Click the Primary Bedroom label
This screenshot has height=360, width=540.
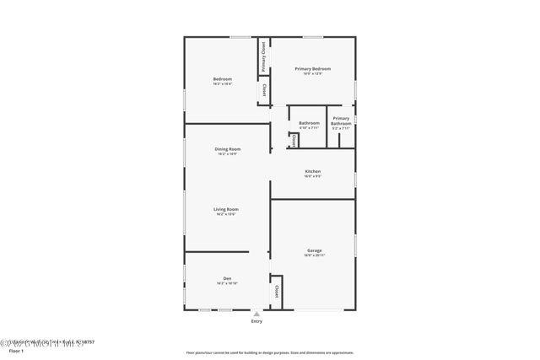312,68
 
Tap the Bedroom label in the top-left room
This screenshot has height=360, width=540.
222,79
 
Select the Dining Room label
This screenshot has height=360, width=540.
228,149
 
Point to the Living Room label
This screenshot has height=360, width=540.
227,209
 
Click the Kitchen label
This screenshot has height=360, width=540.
312,171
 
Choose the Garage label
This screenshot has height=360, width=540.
314,250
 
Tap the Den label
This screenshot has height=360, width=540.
227,278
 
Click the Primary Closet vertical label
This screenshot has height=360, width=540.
263,56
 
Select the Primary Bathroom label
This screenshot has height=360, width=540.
341,121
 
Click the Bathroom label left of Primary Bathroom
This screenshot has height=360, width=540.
309,123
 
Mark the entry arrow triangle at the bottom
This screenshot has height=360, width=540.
256,314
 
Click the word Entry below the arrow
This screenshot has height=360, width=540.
256,322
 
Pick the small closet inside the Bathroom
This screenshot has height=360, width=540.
294,141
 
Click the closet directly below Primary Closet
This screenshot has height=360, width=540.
263,90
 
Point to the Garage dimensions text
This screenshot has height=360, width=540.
314,255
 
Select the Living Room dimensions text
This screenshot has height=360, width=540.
227,214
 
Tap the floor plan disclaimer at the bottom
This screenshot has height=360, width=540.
269,353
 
